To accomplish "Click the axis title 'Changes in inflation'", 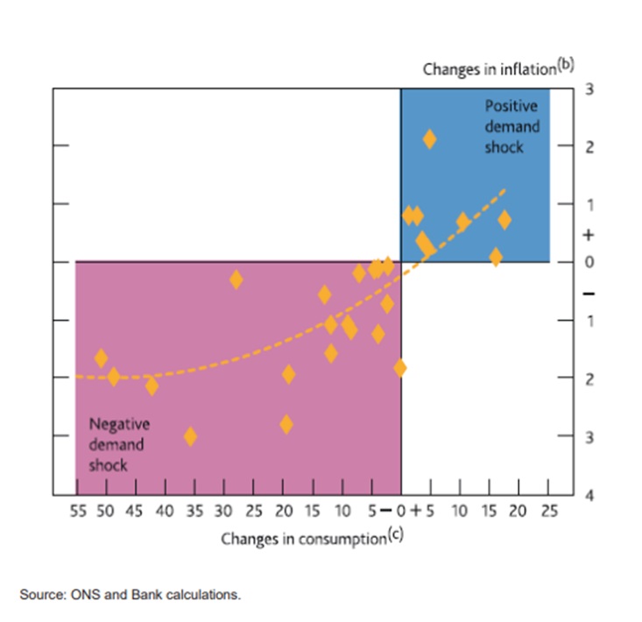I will (490, 69).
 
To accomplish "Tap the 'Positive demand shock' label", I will (512, 126).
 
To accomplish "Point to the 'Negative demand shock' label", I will (119, 444).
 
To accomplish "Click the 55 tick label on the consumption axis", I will (78, 512).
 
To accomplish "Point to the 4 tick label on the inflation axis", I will (589, 495).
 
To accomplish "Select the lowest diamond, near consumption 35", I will (190, 435).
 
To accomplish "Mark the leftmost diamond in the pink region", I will (102, 357).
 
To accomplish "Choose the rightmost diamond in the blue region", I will (504, 219).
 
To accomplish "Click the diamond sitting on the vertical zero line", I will (400, 367).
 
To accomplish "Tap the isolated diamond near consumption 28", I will (236, 279).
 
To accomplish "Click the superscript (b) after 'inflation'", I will (566, 65).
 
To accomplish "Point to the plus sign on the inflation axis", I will (589, 235).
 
